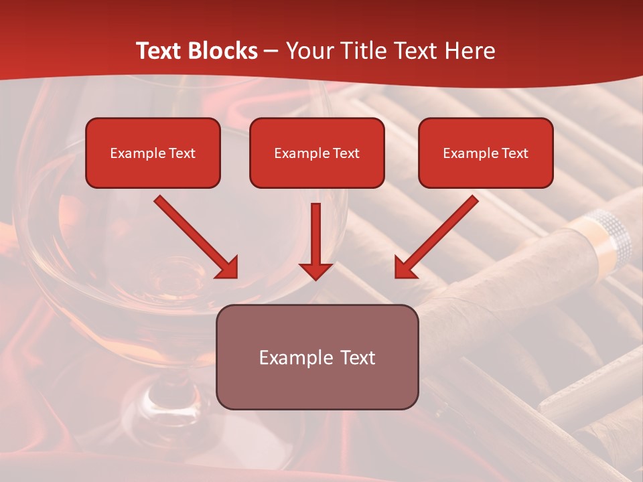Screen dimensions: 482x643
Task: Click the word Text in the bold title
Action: click(159, 51)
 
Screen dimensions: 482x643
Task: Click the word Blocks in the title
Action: click(222, 51)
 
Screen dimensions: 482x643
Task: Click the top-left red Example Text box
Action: click(153, 153)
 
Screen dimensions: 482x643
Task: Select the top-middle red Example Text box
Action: click(317, 153)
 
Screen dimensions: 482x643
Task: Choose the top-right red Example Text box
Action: click(486, 153)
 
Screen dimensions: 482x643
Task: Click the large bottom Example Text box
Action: click(317, 357)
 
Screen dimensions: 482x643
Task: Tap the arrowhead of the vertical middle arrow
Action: click(315, 270)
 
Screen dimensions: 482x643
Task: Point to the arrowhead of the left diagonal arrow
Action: click(227, 267)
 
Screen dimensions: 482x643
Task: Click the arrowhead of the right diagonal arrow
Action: click(405, 267)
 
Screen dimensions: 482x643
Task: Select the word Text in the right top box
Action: click(514, 153)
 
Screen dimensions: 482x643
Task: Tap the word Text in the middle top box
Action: click(346, 153)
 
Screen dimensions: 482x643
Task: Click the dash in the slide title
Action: click(271, 51)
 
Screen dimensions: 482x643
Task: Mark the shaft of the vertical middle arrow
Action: click(315, 231)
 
